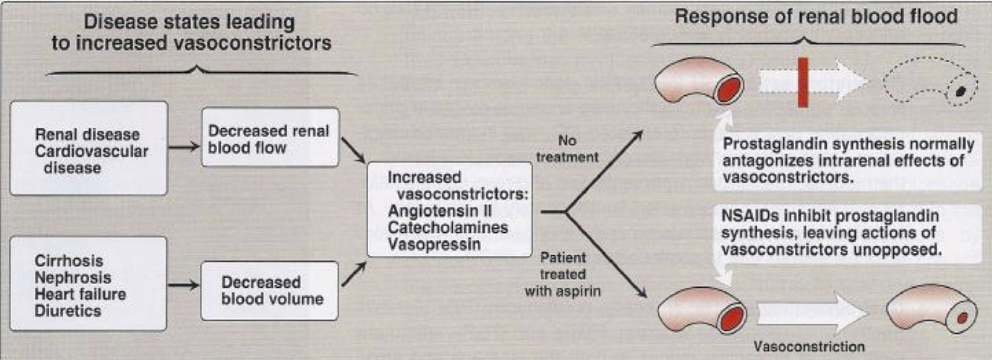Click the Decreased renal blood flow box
(271, 140)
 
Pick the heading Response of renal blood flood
(816, 16)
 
